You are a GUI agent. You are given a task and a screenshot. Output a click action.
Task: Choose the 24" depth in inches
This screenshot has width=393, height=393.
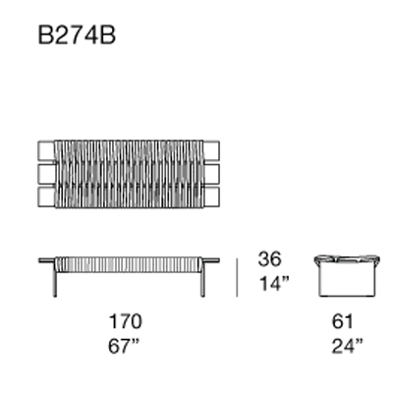click(346, 345)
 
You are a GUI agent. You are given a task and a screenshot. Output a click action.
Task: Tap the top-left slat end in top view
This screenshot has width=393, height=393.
click(45, 149)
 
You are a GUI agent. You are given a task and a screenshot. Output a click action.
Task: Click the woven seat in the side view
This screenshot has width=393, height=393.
click(128, 262)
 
